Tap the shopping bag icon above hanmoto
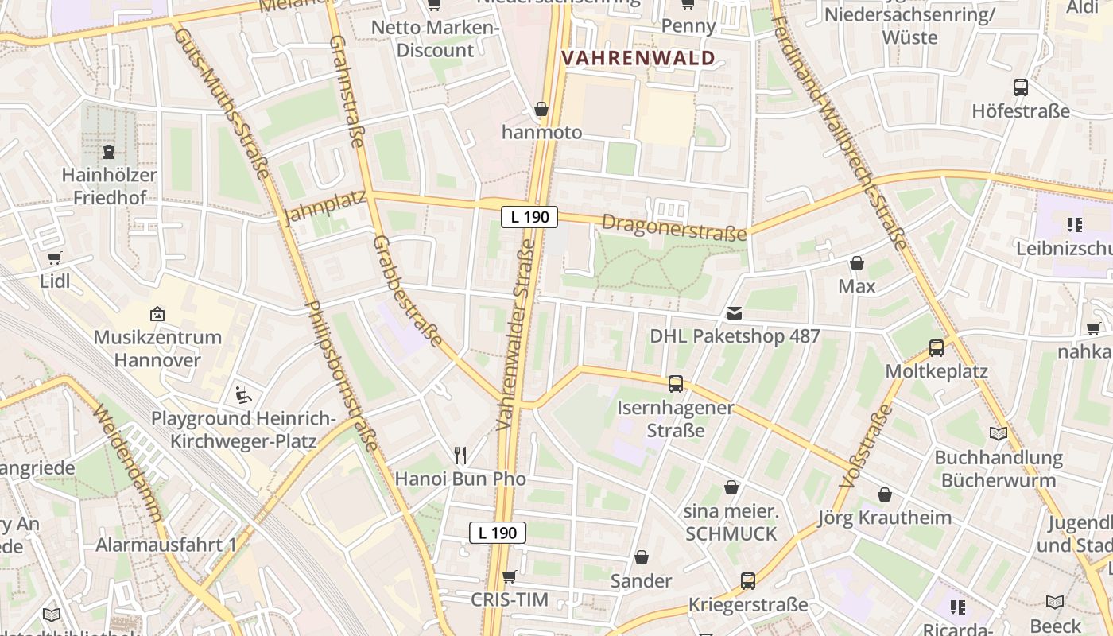click(x=541, y=109)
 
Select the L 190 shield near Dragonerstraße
click(x=529, y=216)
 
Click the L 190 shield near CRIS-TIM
click(x=498, y=533)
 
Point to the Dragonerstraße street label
click(x=674, y=227)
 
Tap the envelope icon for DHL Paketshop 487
click(x=734, y=313)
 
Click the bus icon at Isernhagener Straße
click(x=676, y=384)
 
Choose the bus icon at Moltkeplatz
click(x=937, y=348)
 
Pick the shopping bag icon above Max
click(x=857, y=263)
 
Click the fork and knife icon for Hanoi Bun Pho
click(x=460, y=455)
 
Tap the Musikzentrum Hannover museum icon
click(x=157, y=314)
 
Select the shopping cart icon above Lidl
click(x=54, y=258)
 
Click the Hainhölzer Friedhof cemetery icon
click(x=109, y=151)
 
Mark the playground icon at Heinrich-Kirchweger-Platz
click(x=244, y=394)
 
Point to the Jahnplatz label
click(x=326, y=207)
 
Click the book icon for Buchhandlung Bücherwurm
click(x=998, y=433)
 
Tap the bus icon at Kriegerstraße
click(x=748, y=581)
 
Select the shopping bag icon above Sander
click(x=642, y=557)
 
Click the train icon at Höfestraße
click(x=1021, y=87)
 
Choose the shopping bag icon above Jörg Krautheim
click(x=885, y=494)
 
